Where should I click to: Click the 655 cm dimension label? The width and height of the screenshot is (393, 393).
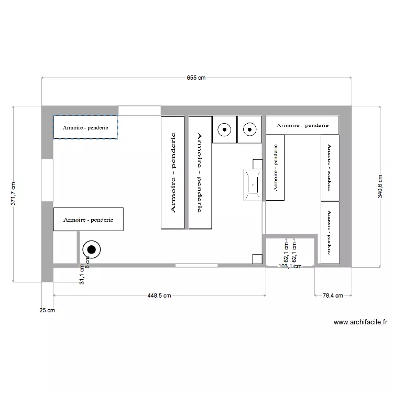[196, 78]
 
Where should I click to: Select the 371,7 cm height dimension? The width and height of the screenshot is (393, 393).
[14, 194]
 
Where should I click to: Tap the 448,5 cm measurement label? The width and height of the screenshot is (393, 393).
[158, 296]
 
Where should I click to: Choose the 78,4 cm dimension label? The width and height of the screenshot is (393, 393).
[332, 296]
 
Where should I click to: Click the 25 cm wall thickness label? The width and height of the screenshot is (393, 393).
[47, 310]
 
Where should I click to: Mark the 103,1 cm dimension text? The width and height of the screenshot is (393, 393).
[290, 266]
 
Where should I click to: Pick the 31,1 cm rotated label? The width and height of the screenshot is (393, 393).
[81, 274]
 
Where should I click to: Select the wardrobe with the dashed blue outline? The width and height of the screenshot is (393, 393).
[85, 127]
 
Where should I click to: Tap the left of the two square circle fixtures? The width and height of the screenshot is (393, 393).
[224, 129]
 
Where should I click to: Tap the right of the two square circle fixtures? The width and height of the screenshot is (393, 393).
[249, 129]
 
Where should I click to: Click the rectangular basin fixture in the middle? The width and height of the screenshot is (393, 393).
[253, 184]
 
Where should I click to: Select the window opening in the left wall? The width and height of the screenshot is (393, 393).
[47, 180]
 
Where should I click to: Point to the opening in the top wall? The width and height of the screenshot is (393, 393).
[139, 110]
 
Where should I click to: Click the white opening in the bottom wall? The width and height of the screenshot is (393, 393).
[196, 265]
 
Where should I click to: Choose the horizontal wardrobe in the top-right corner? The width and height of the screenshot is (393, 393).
[302, 125]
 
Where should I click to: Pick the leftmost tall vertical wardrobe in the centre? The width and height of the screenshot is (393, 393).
[173, 172]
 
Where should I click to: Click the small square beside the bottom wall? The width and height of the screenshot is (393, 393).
[257, 258]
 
